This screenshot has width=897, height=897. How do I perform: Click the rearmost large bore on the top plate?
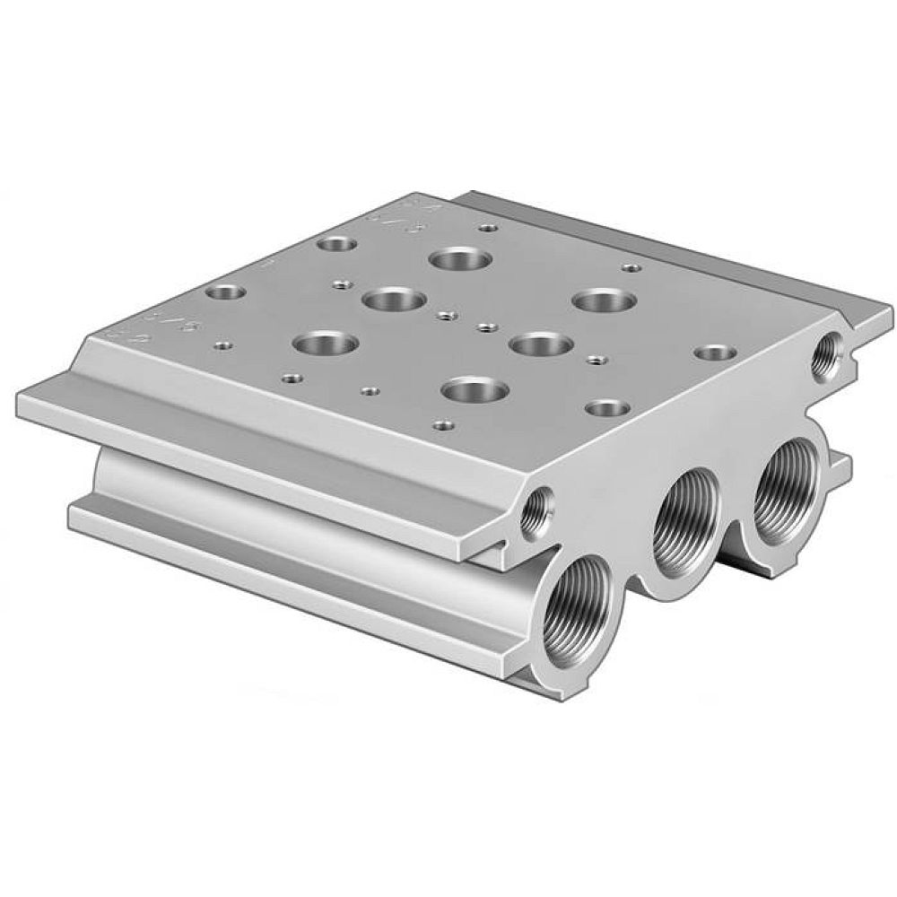[460, 260]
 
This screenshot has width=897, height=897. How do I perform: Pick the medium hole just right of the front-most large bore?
[607, 406]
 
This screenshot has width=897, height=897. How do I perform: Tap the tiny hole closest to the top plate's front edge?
[440, 424]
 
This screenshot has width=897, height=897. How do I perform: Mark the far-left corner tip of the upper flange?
[20, 393]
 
